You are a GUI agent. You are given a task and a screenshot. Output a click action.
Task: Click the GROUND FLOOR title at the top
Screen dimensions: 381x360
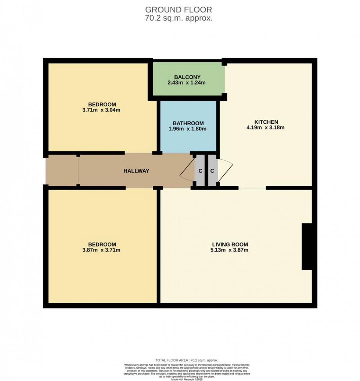pyautogui.click(x=179, y=10)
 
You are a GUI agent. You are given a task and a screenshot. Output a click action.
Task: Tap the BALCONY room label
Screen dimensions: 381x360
pyautogui.click(x=187, y=77)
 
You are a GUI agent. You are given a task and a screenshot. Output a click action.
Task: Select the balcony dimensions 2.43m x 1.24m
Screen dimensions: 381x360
pyautogui.click(x=187, y=83)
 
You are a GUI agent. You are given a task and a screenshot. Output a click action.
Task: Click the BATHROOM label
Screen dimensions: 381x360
pyautogui.click(x=188, y=123)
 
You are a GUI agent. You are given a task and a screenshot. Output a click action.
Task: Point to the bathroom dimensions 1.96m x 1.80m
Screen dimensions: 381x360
pyautogui.click(x=188, y=129)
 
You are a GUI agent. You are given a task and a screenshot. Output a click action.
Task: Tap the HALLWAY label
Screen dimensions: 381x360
pyautogui.click(x=136, y=171)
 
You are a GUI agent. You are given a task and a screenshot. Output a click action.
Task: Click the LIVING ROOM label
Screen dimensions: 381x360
pyautogui.click(x=230, y=244)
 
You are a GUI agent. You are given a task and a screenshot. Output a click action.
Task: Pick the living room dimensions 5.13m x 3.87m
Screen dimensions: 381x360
pyautogui.click(x=230, y=250)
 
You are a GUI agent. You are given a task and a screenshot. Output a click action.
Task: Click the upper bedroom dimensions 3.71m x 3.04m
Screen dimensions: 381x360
pyautogui.click(x=102, y=110)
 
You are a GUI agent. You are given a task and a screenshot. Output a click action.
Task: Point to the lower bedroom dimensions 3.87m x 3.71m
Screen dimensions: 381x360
pyautogui.click(x=102, y=250)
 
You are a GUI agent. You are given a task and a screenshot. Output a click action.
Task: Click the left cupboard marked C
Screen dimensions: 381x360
pyautogui.click(x=200, y=171)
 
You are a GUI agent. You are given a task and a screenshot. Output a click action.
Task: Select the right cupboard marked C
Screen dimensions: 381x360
pyautogui.click(x=212, y=171)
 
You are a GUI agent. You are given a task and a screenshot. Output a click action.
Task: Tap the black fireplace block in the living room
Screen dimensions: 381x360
pyautogui.click(x=307, y=247)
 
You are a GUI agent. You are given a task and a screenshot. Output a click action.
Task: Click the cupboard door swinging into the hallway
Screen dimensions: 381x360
pyautogui.click(x=187, y=171)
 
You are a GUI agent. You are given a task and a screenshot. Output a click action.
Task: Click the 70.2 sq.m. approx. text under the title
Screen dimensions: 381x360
pyautogui.click(x=179, y=18)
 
